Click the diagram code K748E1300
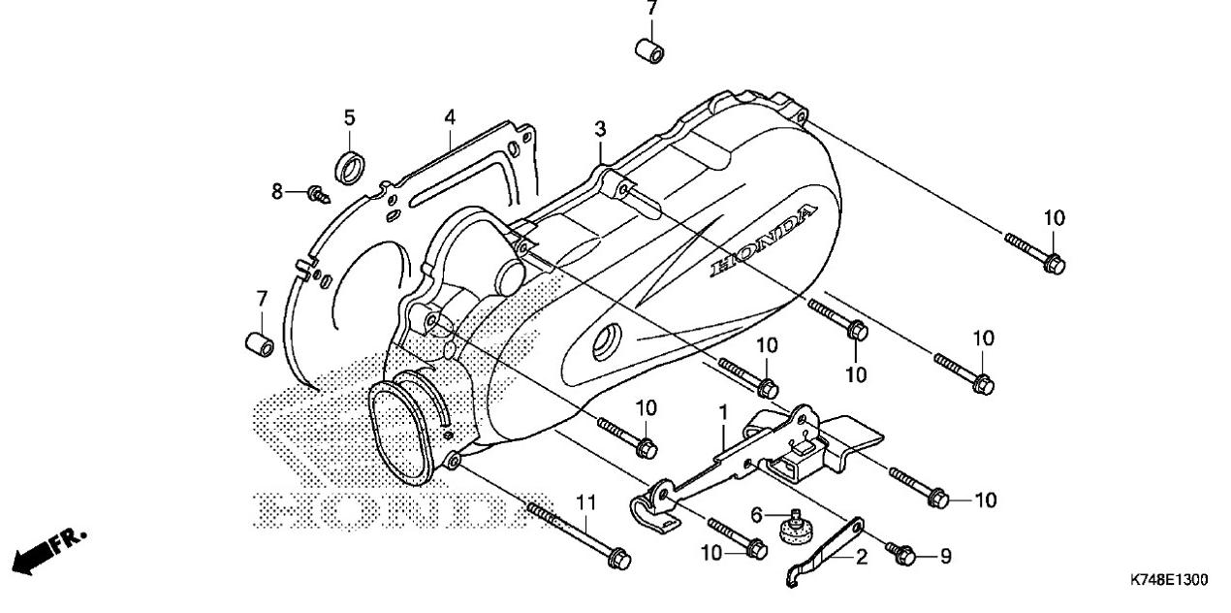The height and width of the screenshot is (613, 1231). (1168, 580)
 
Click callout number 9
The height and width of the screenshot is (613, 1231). (946, 557)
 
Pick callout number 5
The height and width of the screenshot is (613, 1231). (349, 118)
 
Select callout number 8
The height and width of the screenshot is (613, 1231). (277, 192)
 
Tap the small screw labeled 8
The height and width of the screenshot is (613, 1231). (315, 195)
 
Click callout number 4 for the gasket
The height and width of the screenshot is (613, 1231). (450, 117)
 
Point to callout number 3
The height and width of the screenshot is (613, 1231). (600, 129)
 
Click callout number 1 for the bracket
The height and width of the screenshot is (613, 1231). (722, 412)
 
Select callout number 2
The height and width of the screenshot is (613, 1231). (861, 558)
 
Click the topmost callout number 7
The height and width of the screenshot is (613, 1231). (651, 8)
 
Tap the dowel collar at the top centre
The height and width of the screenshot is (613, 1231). (651, 49)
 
